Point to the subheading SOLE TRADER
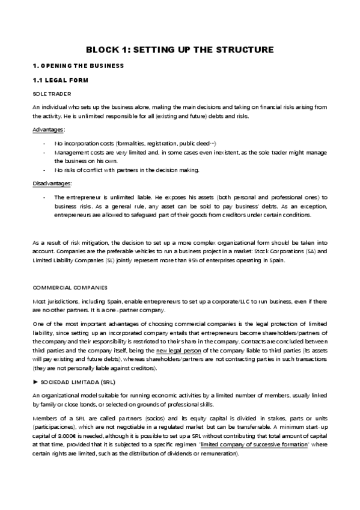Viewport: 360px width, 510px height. tap(52, 93)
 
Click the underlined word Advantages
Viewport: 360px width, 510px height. tap(48, 129)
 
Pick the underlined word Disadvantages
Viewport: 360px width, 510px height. tap(52, 183)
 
